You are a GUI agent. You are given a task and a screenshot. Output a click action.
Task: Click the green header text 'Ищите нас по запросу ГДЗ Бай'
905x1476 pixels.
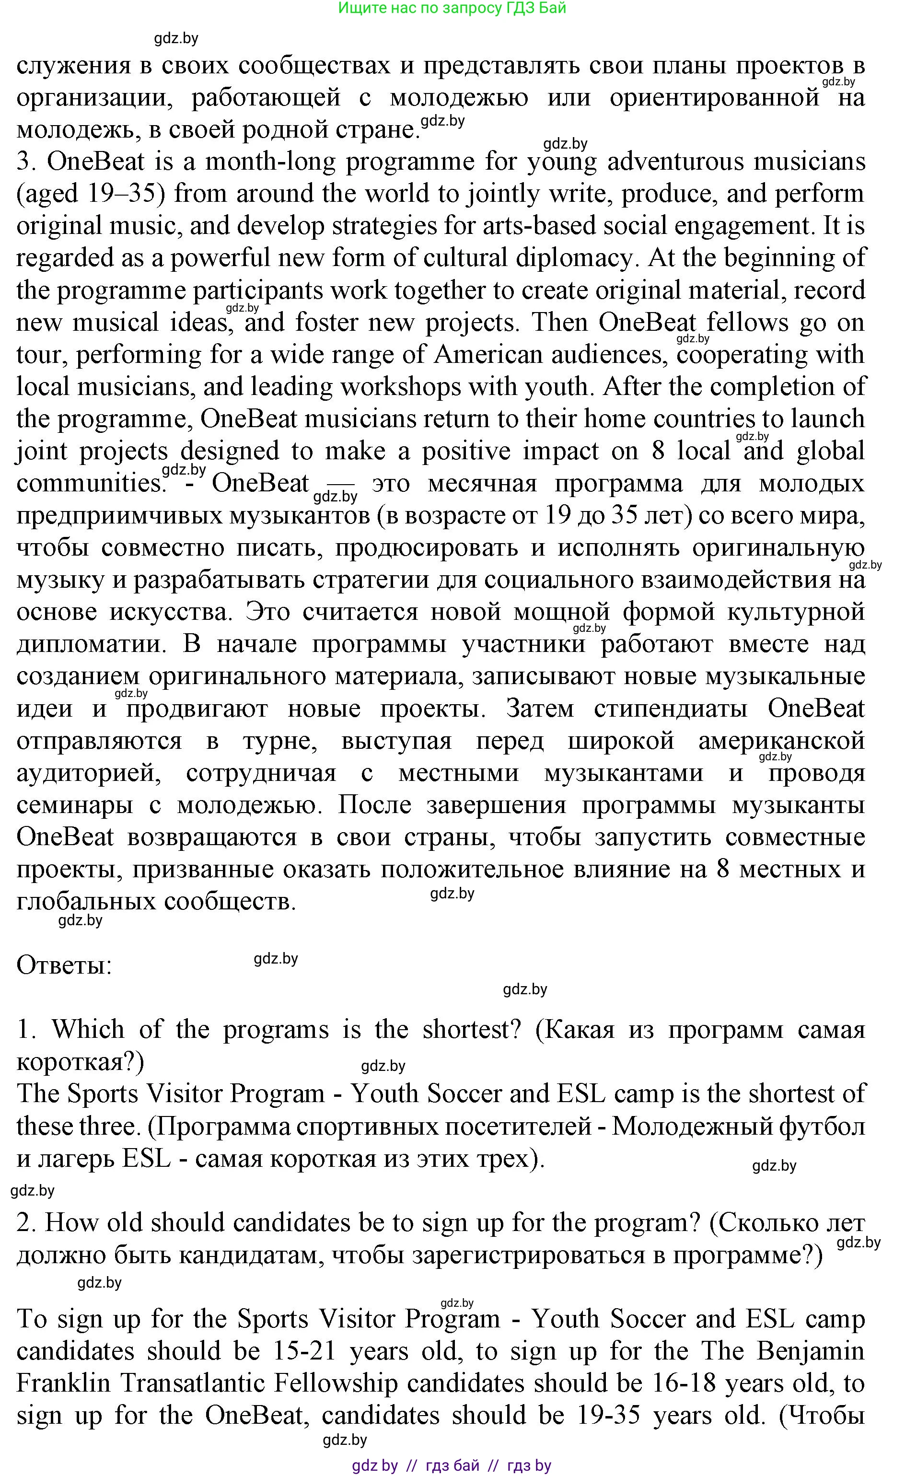(452, 8)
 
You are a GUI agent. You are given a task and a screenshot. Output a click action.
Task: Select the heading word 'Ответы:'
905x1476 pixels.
(64, 965)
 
